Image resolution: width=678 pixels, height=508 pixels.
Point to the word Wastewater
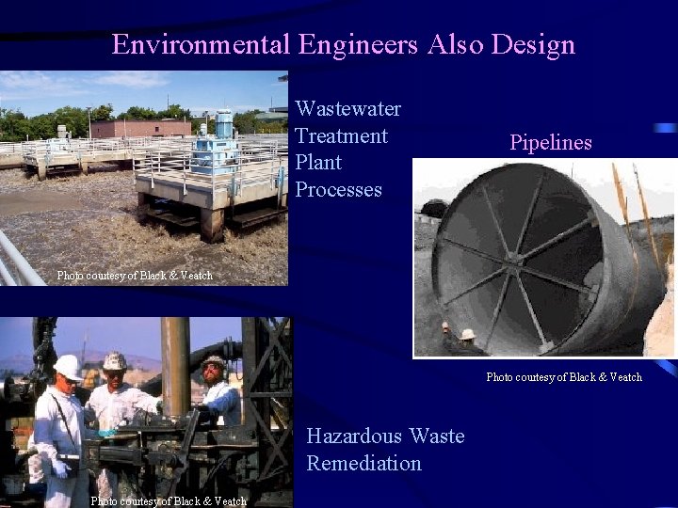pyautogui.click(x=348, y=109)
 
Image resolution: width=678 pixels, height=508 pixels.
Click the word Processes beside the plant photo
pyautogui.click(x=338, y=189)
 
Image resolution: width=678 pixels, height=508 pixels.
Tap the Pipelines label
pyautogui.click(x=551, y=143)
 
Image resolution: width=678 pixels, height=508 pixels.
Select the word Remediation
pyautogui.click(x=363, y=463)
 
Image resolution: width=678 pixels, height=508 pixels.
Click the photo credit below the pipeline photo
pyautogui.click(x=564, y=377)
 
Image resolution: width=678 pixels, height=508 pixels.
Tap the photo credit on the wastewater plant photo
pyautogui.click(x=135, y=276)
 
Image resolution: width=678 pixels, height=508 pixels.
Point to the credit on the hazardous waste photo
pyautogui.click(x=169, y=500)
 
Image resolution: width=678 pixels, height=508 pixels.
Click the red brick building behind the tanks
pyautogui.click(x=141, y=128)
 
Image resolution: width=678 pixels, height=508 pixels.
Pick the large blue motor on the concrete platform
pyautogui.click(x=224, y=125)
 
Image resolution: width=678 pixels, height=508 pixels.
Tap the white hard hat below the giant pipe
pyautogui.click(x=467, y=334)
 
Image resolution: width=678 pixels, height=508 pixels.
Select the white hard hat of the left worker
pyautogui.click(x=67, y=367)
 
